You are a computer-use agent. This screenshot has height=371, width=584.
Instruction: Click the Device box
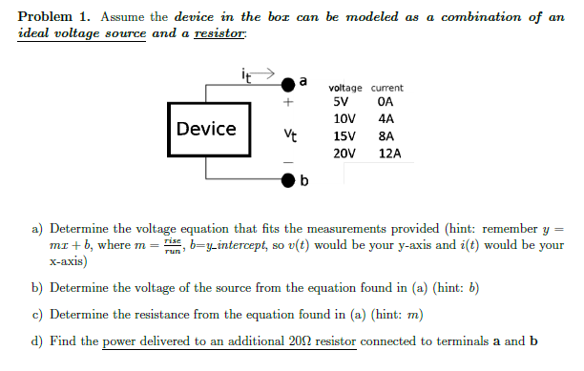click(x=206, y=129)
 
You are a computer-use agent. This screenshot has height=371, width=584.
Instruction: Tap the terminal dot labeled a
click(x=288, y=83)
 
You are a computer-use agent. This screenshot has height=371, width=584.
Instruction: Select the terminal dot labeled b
click(x=288, y=179)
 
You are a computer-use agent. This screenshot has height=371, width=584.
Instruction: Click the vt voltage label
click(x=285, y=135)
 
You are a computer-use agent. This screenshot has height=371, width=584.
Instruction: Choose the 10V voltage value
click(x=344, y=119)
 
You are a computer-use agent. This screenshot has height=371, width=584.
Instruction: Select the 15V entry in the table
click(x=344, y=136)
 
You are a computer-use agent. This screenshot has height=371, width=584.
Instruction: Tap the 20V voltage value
click(x=344, y=153)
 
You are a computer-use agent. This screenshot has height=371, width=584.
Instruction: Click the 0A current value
click(x=386, y=102)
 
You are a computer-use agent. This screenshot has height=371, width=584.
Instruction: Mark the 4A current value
click(x=386, y=119)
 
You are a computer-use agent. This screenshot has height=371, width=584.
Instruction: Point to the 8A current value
click(x=386, y=136)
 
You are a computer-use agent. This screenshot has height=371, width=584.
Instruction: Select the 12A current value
click(x=390, y=153)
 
